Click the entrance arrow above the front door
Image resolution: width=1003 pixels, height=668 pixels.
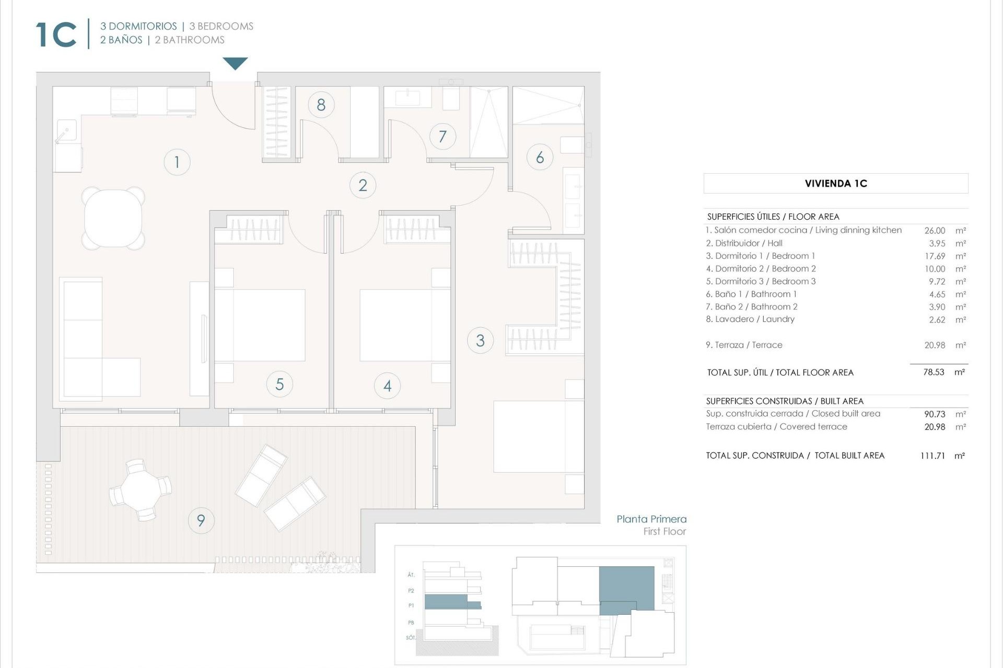[x=235, y=63]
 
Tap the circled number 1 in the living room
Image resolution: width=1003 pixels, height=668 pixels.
[x=177, y=162]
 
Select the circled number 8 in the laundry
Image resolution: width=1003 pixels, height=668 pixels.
[x=321, y=105]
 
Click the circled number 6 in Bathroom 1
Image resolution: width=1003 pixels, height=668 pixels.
[x=540, y=157]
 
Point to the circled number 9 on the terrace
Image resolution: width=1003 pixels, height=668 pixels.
[x=201, y=520]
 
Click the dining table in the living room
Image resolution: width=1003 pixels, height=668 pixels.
[x=113, y=218]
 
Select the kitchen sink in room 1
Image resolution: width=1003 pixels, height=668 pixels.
[x=66, y=130]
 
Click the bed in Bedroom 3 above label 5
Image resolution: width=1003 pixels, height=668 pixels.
[x=260, y=325]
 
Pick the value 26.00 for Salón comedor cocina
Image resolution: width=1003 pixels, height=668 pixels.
[x=935, y=230]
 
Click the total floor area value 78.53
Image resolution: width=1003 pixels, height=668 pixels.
[x=934, y=372]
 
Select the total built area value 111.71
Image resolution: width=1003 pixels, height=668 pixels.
[x=932, y=456]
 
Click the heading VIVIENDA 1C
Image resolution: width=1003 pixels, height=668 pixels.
[x=835, y=183]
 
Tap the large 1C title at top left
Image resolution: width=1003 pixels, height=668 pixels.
[x=56, y=35]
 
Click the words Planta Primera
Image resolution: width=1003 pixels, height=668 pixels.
[x=651, y=519]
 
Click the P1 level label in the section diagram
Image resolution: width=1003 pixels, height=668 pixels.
[x=411, y=605]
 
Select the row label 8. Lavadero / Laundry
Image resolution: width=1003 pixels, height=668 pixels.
[x=750, y=319]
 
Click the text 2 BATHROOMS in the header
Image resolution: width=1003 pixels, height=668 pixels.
[x=190, y=40]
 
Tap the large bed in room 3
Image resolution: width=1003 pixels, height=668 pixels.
[x=538, y=436]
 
